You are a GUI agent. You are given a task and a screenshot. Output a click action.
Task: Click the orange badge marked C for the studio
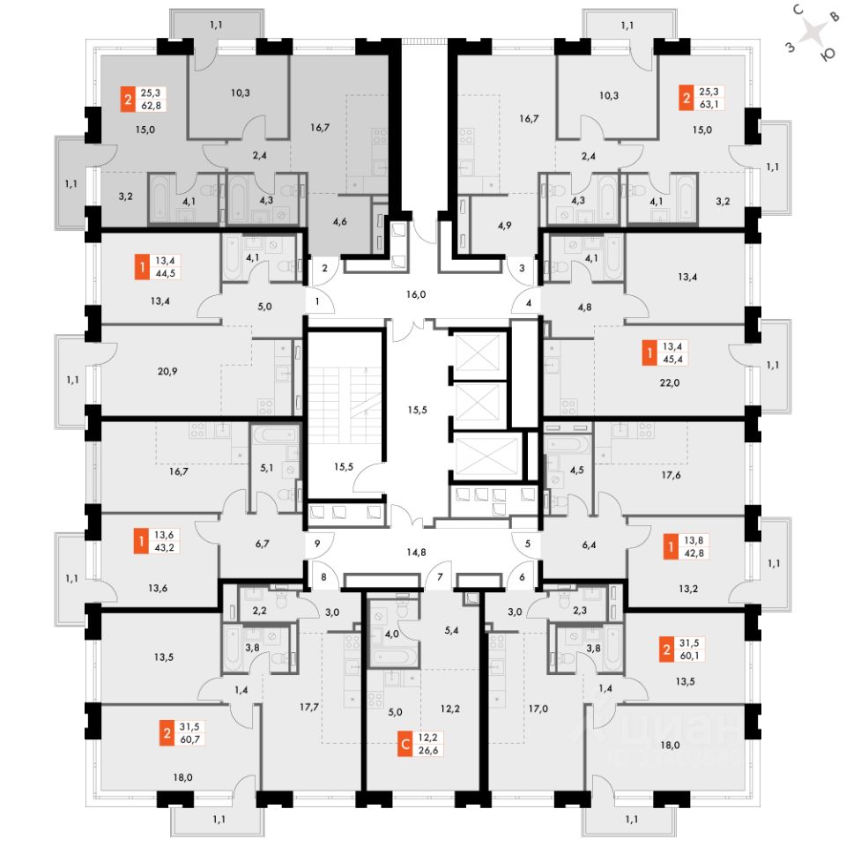click(x=404, y=744)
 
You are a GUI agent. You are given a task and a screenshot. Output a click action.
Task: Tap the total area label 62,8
click(x=151, y=106)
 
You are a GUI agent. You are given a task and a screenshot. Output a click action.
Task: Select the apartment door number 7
click(x=441, y=576)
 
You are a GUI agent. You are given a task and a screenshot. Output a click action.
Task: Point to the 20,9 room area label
click(x=167, y=371)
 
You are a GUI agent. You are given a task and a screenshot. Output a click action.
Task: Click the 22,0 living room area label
click(x=670, y=382)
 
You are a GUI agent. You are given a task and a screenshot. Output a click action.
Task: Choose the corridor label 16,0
click(x=416, y=294)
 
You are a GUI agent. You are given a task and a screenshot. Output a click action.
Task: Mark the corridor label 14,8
click(x=416, y=552)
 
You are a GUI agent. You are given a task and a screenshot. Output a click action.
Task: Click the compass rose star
click(x=813, y=33)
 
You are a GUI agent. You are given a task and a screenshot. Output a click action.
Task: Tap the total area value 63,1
click(x=709, y=104)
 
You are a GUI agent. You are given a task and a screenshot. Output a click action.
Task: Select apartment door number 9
click(x=317, y=544)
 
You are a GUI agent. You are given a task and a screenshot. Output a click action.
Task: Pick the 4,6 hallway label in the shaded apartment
click(x=340, y=221)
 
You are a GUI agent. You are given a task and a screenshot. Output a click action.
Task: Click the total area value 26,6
click(x=428, y=750)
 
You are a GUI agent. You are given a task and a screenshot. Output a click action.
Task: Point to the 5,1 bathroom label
click(x=266, y=468)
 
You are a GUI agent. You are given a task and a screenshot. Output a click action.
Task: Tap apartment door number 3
click(x=522, y=268)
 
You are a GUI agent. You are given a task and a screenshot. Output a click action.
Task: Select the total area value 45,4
click(x=672, y=359)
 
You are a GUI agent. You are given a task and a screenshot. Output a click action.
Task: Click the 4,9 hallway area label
click(x=504, y=225)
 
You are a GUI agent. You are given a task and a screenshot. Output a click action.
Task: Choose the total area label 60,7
click(x=190, y=739)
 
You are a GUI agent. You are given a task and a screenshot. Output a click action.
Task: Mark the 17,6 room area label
click(x=671, y=475)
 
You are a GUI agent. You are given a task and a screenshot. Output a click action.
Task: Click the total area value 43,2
click(x=164, y=547)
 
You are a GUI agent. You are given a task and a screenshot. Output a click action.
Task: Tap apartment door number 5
click(x=528, y=544)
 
